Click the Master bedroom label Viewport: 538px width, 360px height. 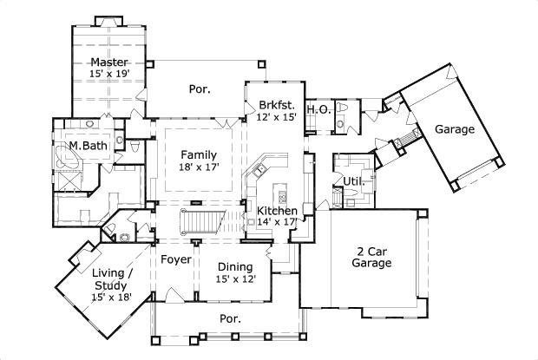pos(110,62)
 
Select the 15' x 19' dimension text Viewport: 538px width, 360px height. pos(110,75)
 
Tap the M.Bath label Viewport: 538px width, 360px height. pos(89,146)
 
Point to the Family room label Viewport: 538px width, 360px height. pos(199,154)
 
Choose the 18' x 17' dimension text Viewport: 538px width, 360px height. pos(199,167)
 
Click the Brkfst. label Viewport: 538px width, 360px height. pos(277,103)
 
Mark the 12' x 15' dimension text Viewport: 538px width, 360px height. pos(277,115)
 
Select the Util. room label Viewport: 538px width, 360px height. pos(353,180)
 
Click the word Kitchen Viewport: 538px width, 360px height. pos(278,211)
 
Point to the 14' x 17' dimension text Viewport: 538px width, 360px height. pos(278,222)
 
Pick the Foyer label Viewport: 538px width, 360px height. pos(175,259)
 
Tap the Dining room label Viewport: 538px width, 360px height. pos(235,266)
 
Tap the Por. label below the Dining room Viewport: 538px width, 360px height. pos(230,318)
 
